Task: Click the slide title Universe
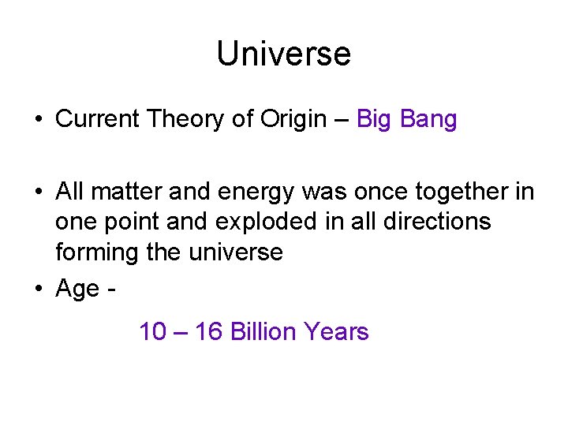[x=283, y=54]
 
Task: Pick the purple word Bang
[x=429, y=120]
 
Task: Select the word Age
[x=77, y=290]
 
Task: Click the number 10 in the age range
[x=152, y=331]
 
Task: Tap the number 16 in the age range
[x=208, y=331]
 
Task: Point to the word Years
[x=337, y=331]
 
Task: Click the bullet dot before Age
[x=38, y=290]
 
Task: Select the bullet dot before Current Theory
[x=38, y=120]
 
